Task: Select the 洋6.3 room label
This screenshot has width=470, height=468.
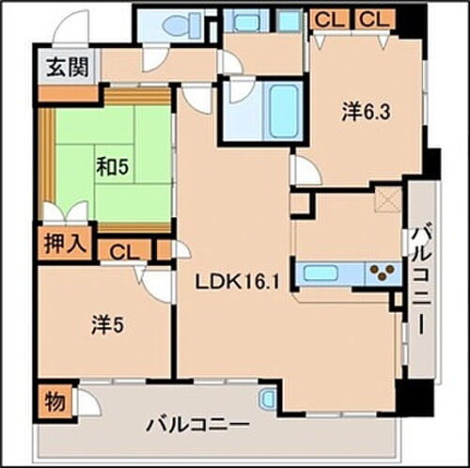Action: (x=366, y=112)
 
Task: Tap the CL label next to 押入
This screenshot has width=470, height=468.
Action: (x=123, y=251)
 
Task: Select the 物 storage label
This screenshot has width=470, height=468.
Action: (x=55, y=401)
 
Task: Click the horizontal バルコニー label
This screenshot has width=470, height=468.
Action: (x=198, y=425)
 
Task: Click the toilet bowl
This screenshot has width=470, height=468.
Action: (x=186, y=25)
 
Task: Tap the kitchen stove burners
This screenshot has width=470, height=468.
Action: (x=383, y=273)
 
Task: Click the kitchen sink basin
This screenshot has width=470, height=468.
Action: (x=321, y=273)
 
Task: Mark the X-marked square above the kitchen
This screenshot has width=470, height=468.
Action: (x=388, y=200)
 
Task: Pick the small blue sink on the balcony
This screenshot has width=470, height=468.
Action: (x=268, y=398)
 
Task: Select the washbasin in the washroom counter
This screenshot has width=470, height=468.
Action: (x=249, y=23)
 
